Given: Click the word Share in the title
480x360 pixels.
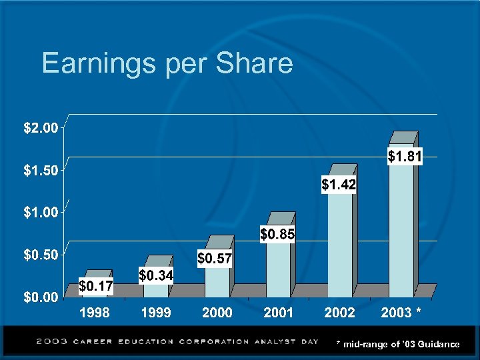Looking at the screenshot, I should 256,64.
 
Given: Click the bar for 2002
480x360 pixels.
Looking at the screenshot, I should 339,240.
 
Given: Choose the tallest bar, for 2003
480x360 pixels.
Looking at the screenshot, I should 401,227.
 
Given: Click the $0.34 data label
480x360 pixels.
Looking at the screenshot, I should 157,275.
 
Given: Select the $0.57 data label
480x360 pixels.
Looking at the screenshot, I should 215,258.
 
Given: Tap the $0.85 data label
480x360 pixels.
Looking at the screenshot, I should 277,235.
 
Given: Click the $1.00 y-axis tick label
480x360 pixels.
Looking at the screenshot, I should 37,213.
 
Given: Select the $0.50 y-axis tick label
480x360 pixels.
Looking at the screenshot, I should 37,255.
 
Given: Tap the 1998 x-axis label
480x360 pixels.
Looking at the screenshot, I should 95,313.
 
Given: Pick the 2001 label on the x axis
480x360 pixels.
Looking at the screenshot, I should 278,313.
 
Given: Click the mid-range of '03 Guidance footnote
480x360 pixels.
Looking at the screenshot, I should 398,344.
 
